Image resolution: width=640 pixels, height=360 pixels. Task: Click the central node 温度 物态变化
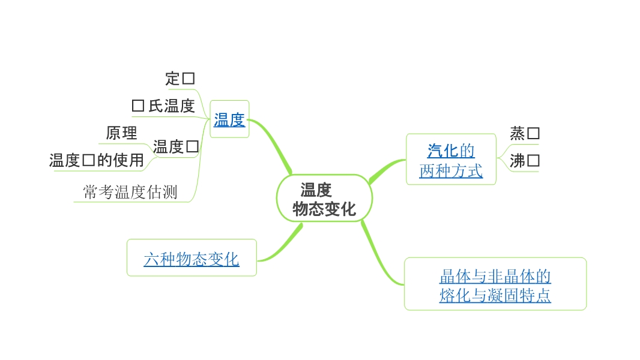(324, 199)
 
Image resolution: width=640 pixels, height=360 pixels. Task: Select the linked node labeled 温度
(229, 119)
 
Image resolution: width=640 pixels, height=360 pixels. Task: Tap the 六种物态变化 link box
(192, 259)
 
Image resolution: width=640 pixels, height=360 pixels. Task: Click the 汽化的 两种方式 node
(451, 160)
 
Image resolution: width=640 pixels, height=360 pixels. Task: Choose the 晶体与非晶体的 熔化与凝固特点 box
(495, 285)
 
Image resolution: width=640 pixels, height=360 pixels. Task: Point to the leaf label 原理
(122, 133)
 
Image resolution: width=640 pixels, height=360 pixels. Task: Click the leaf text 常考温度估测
(130, 192)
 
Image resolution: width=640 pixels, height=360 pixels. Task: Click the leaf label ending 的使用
(97, 160)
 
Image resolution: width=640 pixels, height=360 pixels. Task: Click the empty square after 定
(189, 79)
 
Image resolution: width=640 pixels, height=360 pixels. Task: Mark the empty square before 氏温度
(138, 106)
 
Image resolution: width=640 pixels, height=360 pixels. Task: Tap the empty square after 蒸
(533, 133)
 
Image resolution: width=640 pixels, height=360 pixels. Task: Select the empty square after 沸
(533, 161)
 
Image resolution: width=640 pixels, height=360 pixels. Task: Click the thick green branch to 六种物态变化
(281, 247)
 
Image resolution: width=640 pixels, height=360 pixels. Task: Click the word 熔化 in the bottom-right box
(454, 295)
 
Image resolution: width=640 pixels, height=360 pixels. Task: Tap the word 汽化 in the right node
(443, 150)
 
